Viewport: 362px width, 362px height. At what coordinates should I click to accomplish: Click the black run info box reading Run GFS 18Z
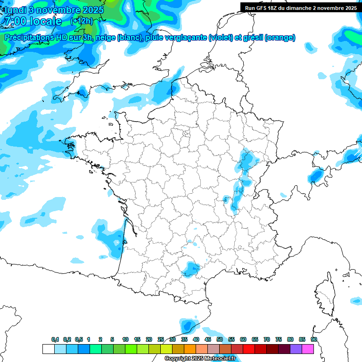tap(300, 8)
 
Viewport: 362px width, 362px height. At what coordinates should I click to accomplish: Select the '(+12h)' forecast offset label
tap(82, 21)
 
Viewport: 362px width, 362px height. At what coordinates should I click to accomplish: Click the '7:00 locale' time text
tap(33, 21)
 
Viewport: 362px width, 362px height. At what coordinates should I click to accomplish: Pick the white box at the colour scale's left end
tap(48, 349)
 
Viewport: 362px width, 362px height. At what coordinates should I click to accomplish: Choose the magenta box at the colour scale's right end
tap(308, 349)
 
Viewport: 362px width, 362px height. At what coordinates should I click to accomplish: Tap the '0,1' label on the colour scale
tap(55, 339)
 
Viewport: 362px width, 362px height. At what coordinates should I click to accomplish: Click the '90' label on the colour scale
tap(313, 339)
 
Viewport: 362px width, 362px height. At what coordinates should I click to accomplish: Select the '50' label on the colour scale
tap(220, 339)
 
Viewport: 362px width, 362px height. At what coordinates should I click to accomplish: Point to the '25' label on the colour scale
tap(161, 339)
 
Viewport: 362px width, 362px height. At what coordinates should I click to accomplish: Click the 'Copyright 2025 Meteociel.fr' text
tap(200, 359)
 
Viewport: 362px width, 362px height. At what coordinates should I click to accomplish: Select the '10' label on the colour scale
tap(125, 339)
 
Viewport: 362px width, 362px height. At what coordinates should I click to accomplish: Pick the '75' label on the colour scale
tap(279, 339)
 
